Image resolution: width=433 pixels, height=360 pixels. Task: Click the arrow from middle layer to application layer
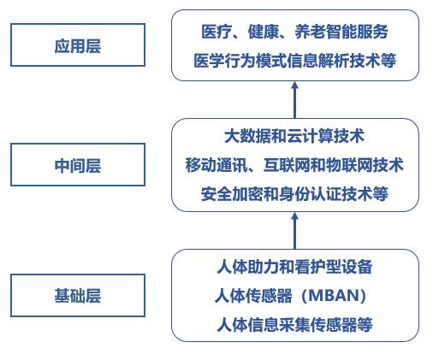click(295, 100)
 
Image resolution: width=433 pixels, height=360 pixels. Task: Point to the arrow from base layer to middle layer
click(295, 231)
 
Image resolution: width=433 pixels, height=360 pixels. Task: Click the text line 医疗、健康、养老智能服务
click(294, 32)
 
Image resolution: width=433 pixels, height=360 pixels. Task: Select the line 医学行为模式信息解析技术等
click(294, 61)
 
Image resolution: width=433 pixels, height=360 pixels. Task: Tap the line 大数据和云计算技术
click(294, 136)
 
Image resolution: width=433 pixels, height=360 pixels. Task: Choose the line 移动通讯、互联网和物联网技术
click(294, 165)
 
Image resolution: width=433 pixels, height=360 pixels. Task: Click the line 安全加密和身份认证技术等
click(294, 194)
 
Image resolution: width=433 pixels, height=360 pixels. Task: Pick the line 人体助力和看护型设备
click(294, 267)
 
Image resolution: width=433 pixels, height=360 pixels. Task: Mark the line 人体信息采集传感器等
click(294, 325)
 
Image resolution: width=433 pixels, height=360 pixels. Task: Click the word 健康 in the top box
click(264, 32)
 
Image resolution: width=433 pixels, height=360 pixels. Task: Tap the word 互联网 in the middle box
click(287, 165)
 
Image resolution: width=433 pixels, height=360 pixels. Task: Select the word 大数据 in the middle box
click(247, 136)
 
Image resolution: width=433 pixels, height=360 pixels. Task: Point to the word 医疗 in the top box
click(216, 32)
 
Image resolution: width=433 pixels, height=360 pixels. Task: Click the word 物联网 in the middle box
click(349, 165)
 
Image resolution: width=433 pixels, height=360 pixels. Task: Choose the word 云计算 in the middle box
click(310, 136)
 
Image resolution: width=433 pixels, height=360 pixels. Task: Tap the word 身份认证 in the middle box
click(310, 194)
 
